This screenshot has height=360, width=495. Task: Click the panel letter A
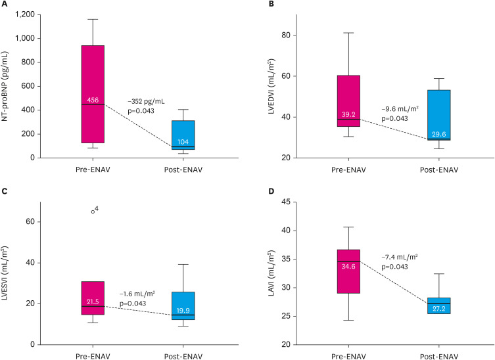click(4, 5)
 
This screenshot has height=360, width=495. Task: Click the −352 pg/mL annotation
click(145, 102)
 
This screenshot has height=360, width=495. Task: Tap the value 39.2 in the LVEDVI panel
click(349, 114)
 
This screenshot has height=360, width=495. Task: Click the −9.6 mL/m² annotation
click(400, 109)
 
